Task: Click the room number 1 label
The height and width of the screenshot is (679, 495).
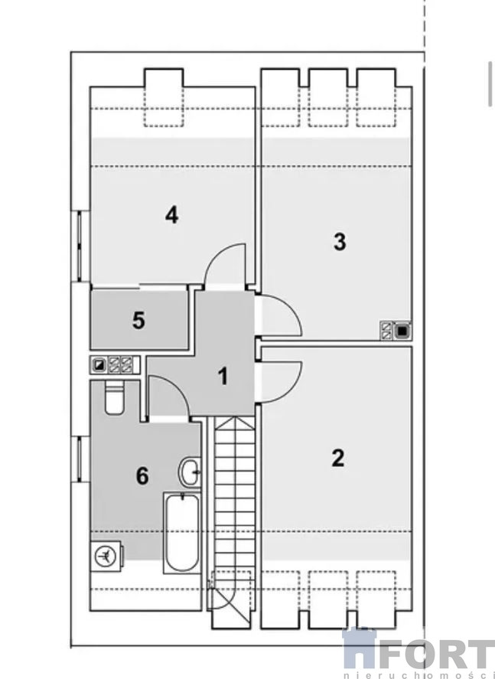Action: pos(223,376)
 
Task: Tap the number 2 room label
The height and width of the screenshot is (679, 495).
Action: pos(338,458)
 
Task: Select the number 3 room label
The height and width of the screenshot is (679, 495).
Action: pos(340,242)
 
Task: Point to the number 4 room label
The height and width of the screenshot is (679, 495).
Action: pos(172,215)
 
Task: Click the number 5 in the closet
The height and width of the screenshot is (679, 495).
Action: pos(138,321)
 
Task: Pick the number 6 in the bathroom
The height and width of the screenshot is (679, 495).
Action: pos(142,476)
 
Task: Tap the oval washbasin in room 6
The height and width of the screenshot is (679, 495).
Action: pos(190,472)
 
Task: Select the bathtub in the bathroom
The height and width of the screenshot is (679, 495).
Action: pos(181,533)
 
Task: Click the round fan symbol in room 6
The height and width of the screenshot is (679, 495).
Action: pos(104,555)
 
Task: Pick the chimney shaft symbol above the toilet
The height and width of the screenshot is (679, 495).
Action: pos(115,365)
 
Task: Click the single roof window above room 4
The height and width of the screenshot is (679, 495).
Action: pos(164,97)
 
